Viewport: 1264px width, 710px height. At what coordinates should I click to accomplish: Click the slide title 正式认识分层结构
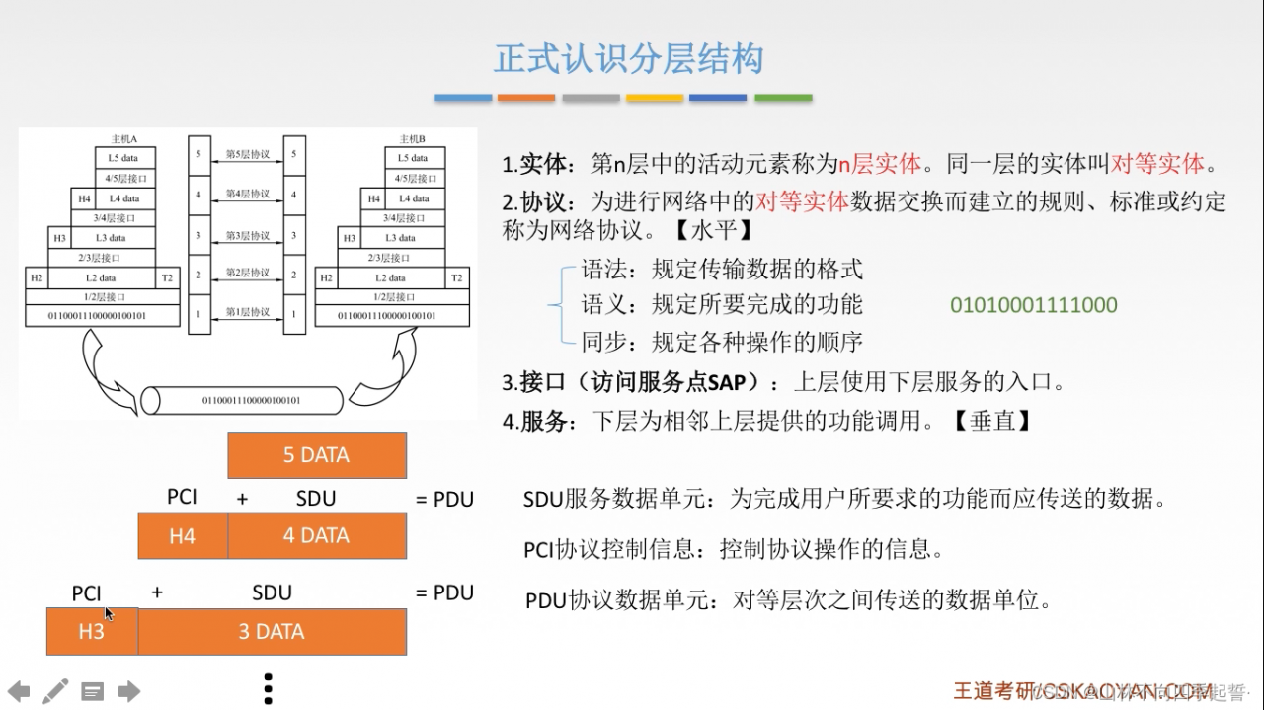[x=629, y=59]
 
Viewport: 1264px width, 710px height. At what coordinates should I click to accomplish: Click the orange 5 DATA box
[x=317, y=455]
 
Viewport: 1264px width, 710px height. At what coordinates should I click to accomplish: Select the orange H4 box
[x=183, y=536]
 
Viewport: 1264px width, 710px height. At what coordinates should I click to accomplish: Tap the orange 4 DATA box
[x=317, y=536]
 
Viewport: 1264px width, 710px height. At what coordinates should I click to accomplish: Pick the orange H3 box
[x=92, y=632]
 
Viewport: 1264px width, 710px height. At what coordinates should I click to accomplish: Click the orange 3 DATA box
[x=272, y=632]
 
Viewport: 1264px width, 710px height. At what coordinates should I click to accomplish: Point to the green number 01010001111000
[x=1033, y=305]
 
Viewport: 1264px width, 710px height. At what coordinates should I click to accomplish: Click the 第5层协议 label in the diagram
[x=247, y=155]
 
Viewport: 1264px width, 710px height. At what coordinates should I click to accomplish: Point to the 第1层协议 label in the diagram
[x=247, y=313]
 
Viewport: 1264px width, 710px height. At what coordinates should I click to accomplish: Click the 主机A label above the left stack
[x=124, y=138]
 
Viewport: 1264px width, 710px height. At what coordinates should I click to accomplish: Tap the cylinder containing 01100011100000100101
[x=242, y=400]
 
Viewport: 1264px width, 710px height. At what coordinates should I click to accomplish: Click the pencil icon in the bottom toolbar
[x=55, y=691]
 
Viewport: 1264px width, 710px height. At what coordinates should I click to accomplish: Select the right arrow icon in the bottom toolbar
[x=129, y=691]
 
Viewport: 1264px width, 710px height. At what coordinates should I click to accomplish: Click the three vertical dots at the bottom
[x=268, y=688]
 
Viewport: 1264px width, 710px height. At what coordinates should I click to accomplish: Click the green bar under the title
[x=783, y=98]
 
